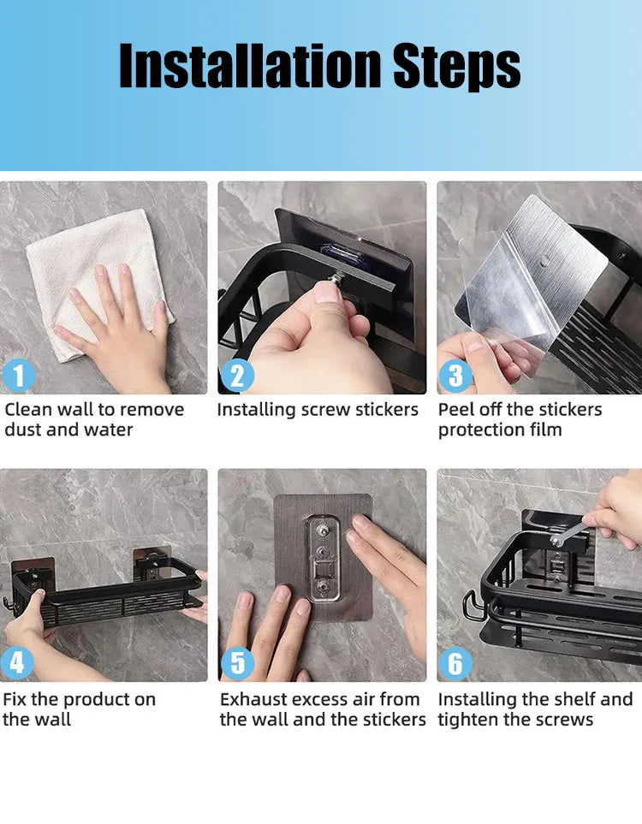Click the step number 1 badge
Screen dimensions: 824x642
[20, 376]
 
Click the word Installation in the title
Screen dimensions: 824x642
[249, 67]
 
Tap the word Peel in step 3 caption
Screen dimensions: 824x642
[456, 410]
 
